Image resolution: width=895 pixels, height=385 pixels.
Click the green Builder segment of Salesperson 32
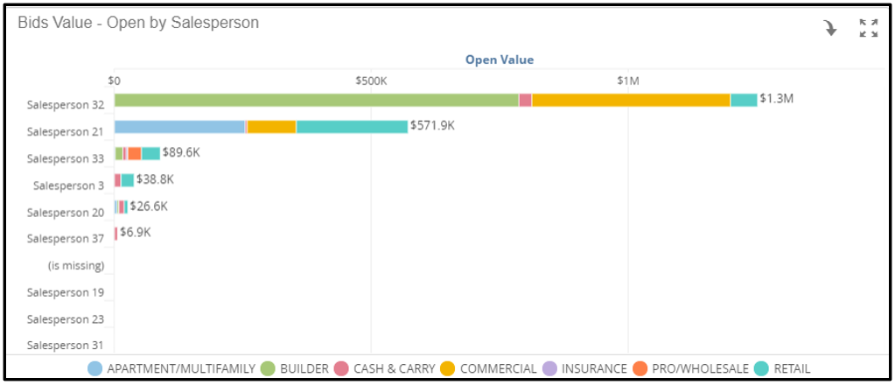click(316, 100)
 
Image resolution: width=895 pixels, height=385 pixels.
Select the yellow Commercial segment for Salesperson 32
click(631, 100)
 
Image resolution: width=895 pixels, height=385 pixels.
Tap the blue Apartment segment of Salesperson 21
click(180, 127)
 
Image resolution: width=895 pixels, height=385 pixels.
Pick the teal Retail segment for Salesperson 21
click(352, 127)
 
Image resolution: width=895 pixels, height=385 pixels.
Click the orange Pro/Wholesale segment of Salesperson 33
click(134, 153)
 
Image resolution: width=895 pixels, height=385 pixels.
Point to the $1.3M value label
click(776, 98)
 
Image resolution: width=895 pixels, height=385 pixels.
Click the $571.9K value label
click(432, 125)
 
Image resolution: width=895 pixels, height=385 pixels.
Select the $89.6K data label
click(181, 152)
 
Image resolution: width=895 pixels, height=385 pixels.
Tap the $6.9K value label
click(136, 233)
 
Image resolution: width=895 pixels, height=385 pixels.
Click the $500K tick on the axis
click(371, 80)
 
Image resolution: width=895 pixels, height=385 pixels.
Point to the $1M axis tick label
click(628, 80)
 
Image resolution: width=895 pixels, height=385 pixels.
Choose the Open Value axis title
click(500, 59)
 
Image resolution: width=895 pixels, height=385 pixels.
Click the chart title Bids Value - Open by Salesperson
click(138, 22)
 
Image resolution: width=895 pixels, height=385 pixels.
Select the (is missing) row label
click(76, 266)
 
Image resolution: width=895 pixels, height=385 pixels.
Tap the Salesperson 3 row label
click(68, 185)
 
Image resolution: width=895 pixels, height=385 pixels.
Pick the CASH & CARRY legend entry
click(385, 368)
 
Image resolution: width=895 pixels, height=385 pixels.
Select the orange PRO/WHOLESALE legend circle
click(640, 368)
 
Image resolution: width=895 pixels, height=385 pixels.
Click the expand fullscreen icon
click(868, 28)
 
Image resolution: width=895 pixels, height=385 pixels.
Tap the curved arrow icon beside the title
click(830, 28)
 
